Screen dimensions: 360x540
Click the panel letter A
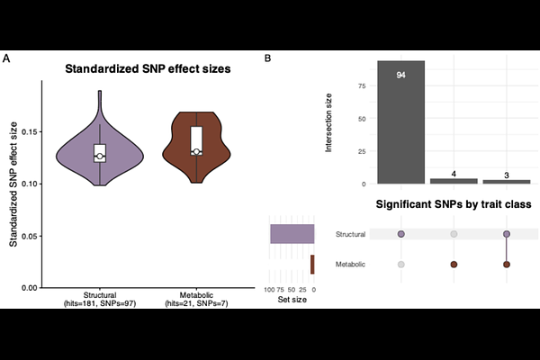point(7,58)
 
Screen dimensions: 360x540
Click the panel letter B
point(267,58)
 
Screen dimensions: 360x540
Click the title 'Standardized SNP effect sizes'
point(149,69)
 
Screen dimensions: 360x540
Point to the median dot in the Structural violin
point(100,157)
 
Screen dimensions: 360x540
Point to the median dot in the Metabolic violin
point(196,152)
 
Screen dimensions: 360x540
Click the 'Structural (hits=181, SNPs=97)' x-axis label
point(100,300)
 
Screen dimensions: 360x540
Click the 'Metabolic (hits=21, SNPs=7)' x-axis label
point(196,300)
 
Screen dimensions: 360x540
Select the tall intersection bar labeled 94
point(400,121)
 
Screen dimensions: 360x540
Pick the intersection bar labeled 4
point(454,180)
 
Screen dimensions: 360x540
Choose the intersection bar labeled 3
point(507,181)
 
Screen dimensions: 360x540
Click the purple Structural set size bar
point(292,234)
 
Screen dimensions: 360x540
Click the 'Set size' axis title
point(292,300)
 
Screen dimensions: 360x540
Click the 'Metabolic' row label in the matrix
point(350,264)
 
